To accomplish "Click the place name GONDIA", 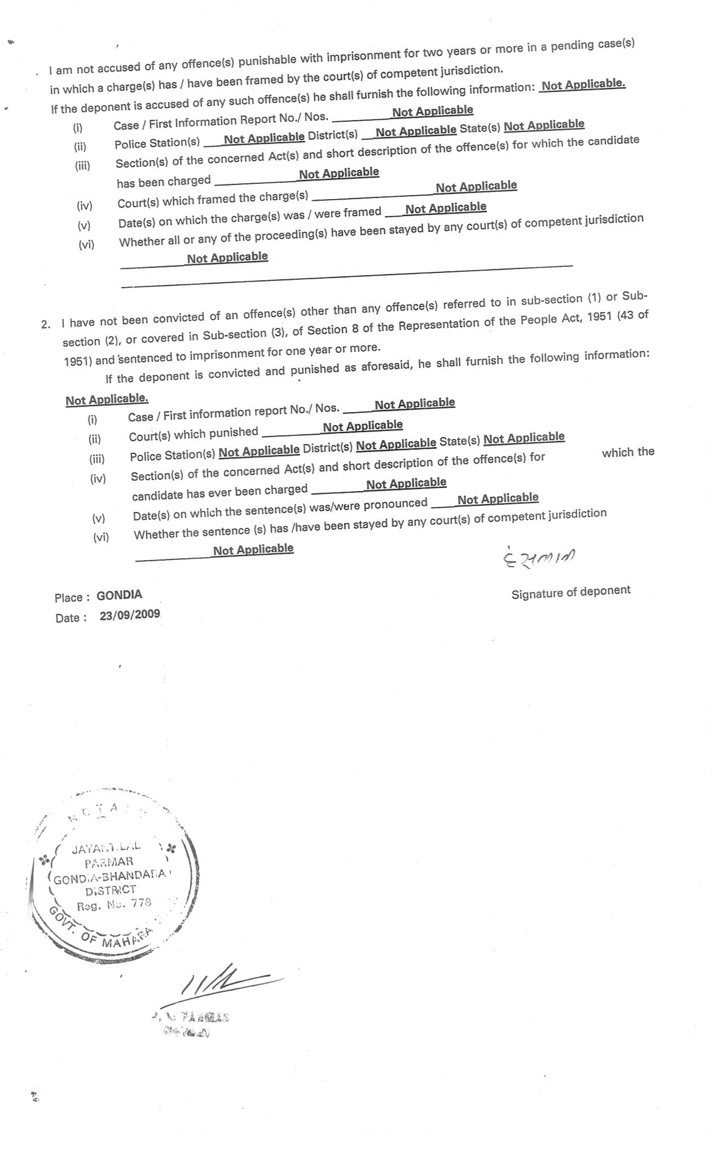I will pos(119,595).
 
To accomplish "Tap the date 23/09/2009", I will pos(130,615).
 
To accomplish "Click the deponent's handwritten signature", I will pos(539,558).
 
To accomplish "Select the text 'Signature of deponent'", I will pos(571,592).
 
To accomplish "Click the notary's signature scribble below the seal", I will pos(220,984).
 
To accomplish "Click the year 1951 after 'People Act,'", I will pos(599,317).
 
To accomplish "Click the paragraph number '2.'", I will pos(46,324).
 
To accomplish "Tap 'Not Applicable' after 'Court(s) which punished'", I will pos(363,426).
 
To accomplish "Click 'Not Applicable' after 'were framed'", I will pos(446,208).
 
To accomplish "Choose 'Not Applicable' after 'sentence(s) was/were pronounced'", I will pos(498,499).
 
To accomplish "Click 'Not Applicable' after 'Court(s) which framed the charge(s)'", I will pos(476,187).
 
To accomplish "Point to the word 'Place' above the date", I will pos(68,598).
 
